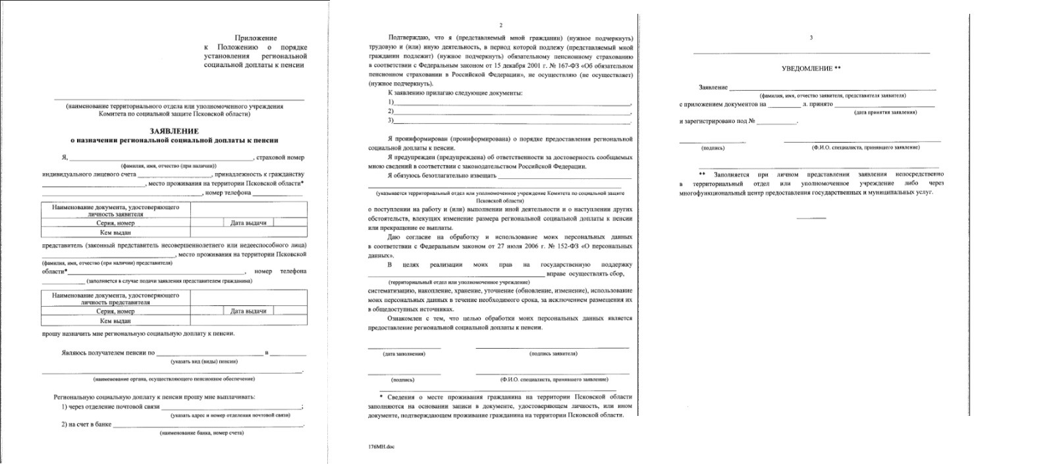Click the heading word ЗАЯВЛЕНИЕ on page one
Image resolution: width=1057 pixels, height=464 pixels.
(x=174, y=131)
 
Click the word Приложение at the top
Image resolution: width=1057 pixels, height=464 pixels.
(x=256, y=38)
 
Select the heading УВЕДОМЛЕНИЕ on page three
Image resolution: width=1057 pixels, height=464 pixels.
(x=807, y=68)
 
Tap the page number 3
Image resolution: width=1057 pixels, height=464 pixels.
(x=811, y=38)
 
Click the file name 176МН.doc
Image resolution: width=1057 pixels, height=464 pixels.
(x=381, y=447)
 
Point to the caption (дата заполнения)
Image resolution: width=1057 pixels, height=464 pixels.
(x=404, y=353)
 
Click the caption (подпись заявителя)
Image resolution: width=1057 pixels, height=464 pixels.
(x=553, y=353)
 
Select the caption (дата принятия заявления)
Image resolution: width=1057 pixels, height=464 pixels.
(x=885, y=112)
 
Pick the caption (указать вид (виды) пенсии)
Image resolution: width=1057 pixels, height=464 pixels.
(x=204, y=361)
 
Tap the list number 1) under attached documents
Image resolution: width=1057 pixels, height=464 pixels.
(x=391, y=102)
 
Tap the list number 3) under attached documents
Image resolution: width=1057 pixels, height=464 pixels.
(x=391, y=120)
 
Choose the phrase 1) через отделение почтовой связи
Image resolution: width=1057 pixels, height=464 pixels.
(x=111, y=407)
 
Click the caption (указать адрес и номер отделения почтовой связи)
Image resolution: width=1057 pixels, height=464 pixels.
(x=230, y=415)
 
